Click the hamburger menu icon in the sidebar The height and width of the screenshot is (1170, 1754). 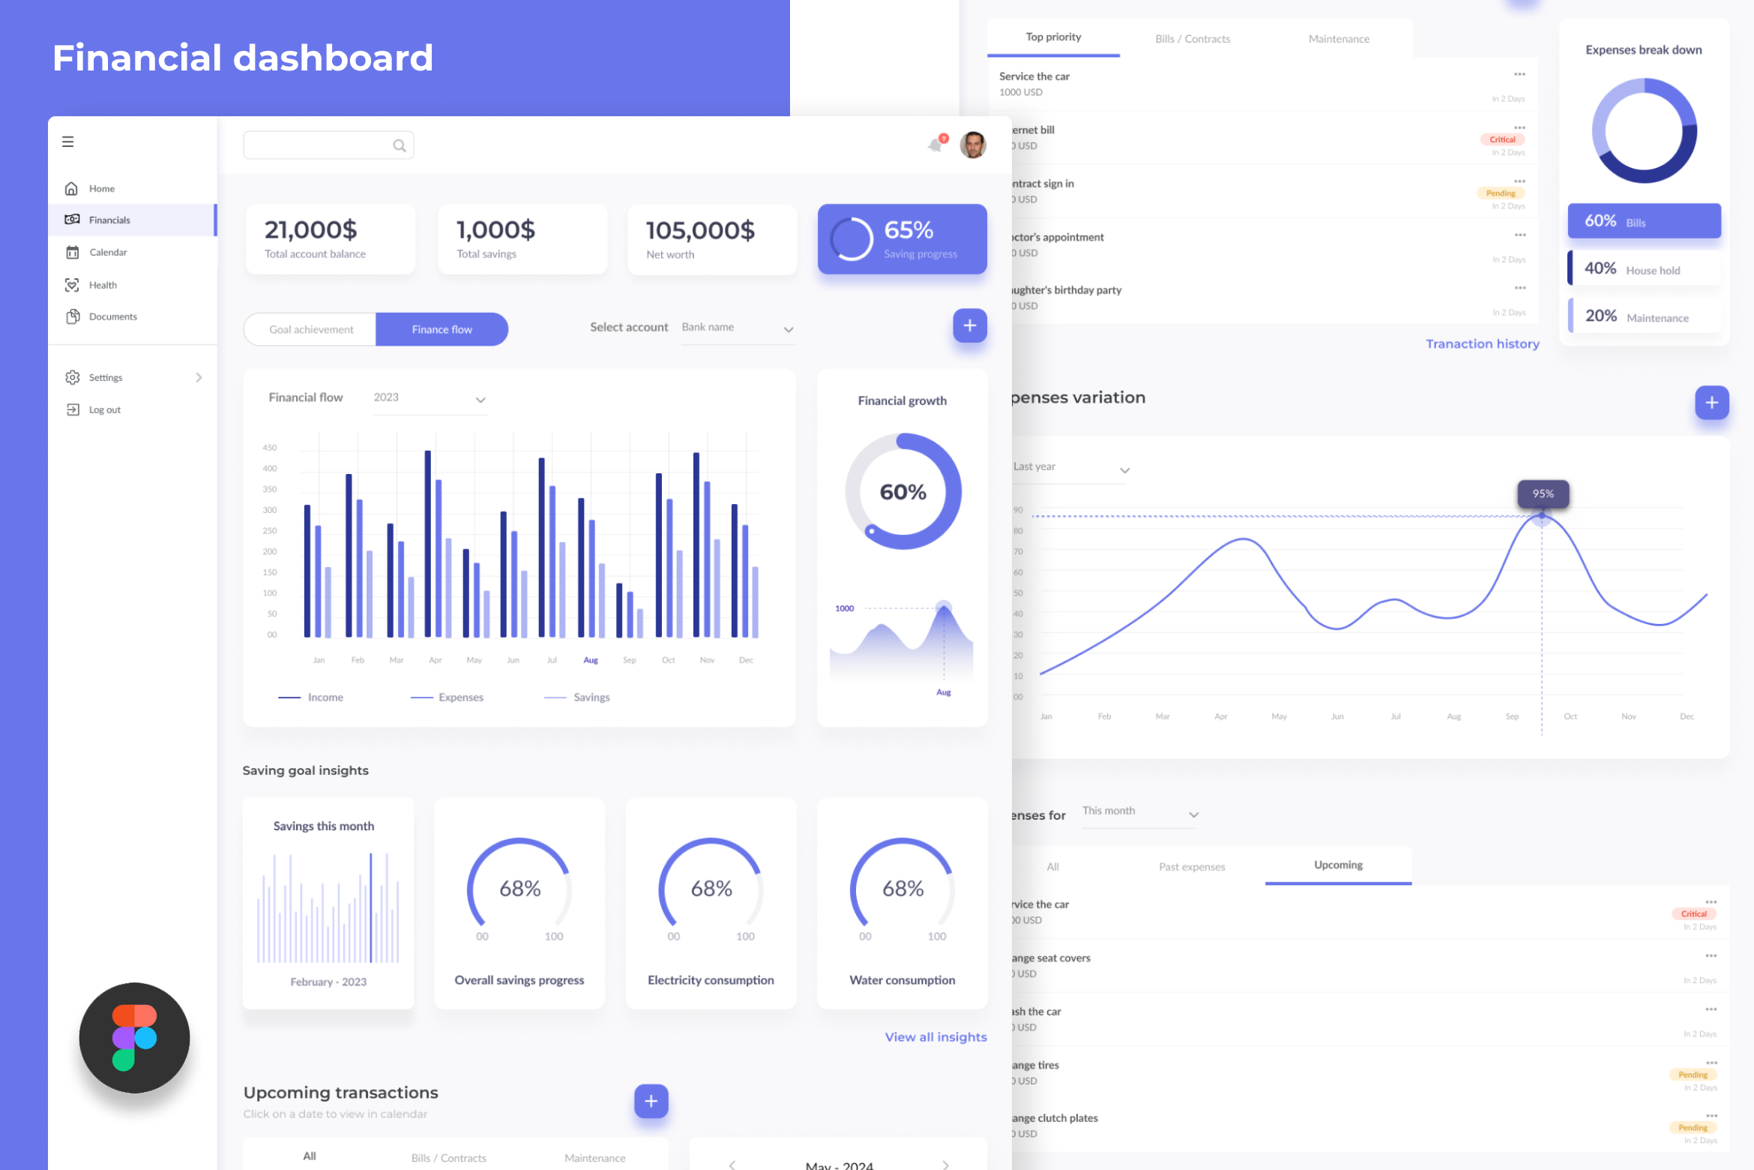tap(68, 142)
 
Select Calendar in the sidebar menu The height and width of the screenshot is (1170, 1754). tap(108, 253)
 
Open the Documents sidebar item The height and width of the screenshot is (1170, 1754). tap(112, 316)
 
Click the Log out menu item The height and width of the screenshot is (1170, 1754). tap(104, 410)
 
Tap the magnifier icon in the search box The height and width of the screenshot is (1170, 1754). tap(400, 145)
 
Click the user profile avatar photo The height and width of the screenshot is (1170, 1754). tap(973, 145)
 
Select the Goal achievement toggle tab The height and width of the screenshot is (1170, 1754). tap(311, 330)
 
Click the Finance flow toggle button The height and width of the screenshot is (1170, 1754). tap(441, 330)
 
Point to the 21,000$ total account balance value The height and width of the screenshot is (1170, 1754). tap(310, 230)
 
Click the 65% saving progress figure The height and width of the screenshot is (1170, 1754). tap(908, 230)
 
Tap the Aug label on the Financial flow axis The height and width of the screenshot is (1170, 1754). tap(591, 661)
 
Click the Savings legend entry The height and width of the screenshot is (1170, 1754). tap(591, 697)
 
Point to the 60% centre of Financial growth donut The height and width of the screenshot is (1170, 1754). tap(902, 493)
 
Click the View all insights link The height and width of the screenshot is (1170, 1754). tap(935, 1037)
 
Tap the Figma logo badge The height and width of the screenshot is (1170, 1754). tap(135, 1038)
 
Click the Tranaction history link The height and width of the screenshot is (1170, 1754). tap(1482, 344)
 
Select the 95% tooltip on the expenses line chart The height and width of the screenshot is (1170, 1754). tap(1543, 494)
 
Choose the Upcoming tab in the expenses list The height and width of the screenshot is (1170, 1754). tap(1338, 865)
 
